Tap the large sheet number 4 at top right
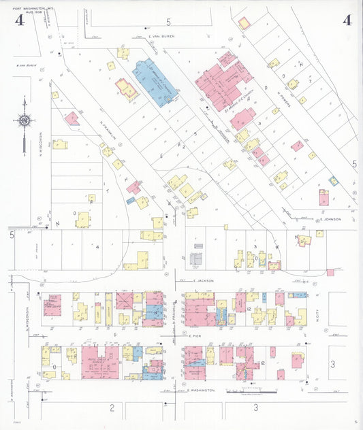(347, 19)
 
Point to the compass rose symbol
(25, 121)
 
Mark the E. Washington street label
(200, 391)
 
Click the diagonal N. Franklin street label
(109, 132)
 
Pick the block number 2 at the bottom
(111, 408)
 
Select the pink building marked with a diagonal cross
(72, 119)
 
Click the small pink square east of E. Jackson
(330, 272)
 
